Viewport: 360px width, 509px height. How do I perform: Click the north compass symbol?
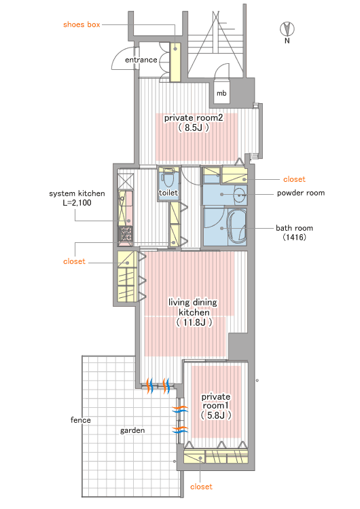[287, 29]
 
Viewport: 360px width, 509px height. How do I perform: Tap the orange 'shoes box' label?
[82, 24]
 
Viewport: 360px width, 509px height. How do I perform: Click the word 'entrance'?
[141, 60]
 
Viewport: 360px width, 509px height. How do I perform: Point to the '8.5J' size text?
[194, 128]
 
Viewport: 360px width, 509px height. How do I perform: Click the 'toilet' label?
[168, 193]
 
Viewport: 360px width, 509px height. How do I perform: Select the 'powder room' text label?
[301, 193]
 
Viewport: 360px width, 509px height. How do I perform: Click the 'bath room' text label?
[294, 228]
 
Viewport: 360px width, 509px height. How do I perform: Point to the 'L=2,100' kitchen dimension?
[77, 203]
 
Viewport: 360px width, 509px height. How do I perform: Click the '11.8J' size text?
[194, 322]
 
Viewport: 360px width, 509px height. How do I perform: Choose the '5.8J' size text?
[216, 415]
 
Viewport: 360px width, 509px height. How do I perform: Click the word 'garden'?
[132, 431]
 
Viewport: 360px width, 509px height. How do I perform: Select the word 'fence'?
[81, 420]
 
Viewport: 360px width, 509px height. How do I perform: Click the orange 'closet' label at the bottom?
[201, 487]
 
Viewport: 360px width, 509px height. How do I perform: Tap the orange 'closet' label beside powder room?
[294, 179]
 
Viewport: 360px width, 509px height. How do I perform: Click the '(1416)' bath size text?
[294, 238]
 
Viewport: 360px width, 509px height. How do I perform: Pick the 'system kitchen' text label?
[77, 194]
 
